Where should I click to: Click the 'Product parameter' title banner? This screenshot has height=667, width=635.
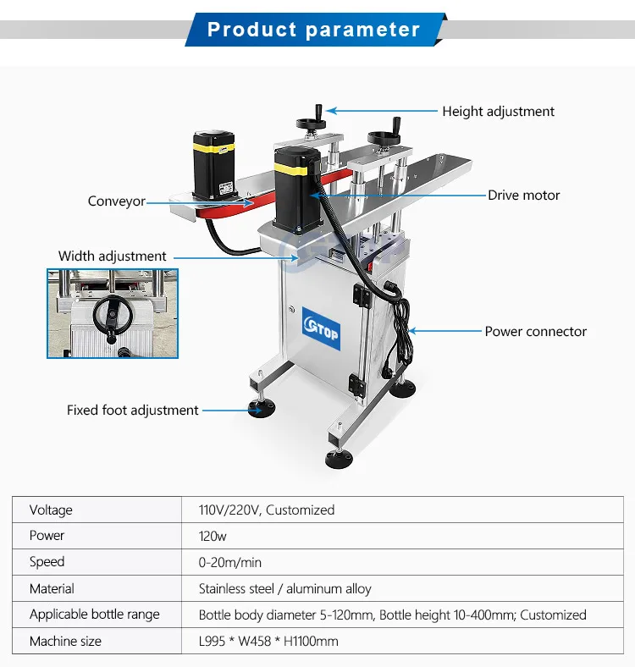click(x=313, y=30)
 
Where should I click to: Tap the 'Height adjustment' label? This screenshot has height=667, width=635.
click(x=498, y=111)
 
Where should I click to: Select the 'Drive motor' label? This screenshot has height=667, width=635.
click(x=523, y=196)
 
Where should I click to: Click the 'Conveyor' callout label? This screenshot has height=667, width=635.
click(x=117, y=201)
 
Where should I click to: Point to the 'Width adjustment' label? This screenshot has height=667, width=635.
click(x=113, y=256)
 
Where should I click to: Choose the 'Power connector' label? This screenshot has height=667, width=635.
click(x=535, y=332)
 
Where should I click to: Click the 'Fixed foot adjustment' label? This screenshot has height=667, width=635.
click(x=133, y=411)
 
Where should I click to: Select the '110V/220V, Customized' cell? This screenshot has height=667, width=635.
click(x=266, y=510)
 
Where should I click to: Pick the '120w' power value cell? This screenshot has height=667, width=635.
click(x=213, y=536)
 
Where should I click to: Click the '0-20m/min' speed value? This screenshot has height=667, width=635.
click(x=230, y=562)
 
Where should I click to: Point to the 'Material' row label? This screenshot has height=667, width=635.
click(x=52, y=588)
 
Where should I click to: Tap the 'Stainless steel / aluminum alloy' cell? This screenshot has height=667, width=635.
click(x=284, y=588)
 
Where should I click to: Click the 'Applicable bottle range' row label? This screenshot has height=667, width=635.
click(x=94, y=615)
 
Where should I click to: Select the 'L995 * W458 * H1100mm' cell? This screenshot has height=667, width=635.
click(x=268, y=641)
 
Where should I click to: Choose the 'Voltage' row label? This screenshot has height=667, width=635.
click(x=51, y=510)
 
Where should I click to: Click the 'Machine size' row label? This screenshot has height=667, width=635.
click(x=65, y=641)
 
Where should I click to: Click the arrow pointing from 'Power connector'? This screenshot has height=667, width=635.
click(x=440, y=331)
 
